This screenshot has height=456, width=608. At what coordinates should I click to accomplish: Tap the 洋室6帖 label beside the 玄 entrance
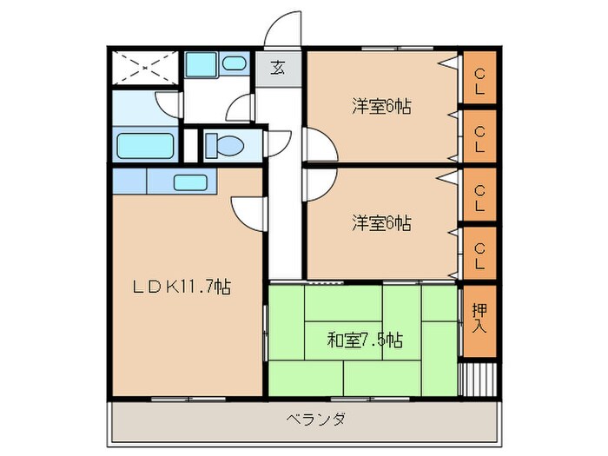[x=381, y=107]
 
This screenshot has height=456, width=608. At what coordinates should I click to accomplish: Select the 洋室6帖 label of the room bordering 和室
[x=381, y=223]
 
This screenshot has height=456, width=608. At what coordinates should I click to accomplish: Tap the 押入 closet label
[x=479, y=320]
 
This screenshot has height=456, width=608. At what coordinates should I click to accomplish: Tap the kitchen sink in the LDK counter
[x=190, y=182]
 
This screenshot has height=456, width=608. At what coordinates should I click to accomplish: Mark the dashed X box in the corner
[x=146, y=66]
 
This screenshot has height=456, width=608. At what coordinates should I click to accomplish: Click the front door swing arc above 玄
[x=282, y=30]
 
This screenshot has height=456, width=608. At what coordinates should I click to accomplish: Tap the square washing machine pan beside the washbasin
[x=202, y=65]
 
